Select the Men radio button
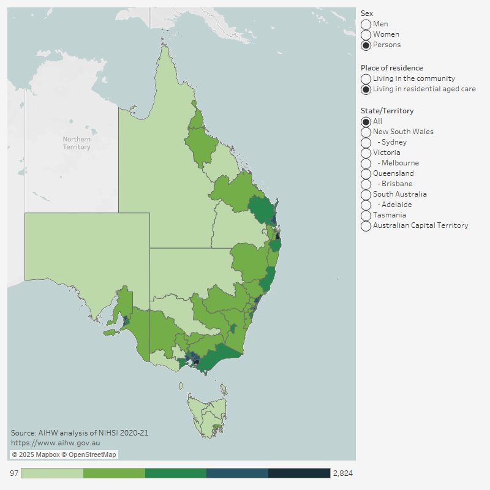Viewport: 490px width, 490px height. tap(366, 24)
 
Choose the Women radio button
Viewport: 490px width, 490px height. tap(366, 34)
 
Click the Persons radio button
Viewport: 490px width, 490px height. tap(366, 45)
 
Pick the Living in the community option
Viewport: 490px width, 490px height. tap(366, 78)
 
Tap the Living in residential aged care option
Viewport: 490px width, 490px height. tap(366, 89)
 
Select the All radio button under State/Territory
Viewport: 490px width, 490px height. tap(366, 121)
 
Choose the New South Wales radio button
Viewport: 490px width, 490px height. tap(366, 132)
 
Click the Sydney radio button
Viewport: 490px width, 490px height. tap(366, 142)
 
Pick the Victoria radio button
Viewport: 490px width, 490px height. tap(366, 153)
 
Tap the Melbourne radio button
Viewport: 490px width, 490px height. tap(366, 163)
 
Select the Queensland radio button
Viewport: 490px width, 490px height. tap(366, 173)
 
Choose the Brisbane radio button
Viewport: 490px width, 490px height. tap(366, 184)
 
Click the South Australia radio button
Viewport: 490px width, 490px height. tap(366, 194)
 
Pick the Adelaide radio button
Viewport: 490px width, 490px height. tap(366, 205)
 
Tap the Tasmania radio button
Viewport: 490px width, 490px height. tap(366, 215)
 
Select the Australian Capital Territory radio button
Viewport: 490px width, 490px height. tap(366, 225)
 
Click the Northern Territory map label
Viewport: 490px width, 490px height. tap(77, 143)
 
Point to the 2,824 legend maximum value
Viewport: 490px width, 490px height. tap(342, 473)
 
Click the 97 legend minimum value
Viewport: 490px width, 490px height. tap(13, 473)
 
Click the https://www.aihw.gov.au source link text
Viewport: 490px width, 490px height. tap(56, 442)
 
